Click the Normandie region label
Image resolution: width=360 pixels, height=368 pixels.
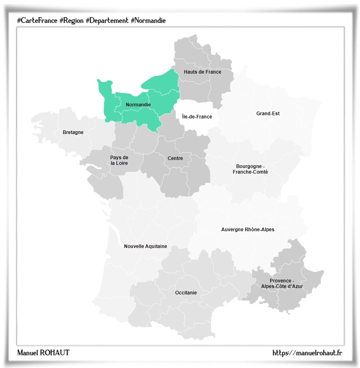(138, 105)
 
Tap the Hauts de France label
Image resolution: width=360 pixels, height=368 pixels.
(202, 72)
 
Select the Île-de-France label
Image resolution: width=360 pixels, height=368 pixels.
(197, 117)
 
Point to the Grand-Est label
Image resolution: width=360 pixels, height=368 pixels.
(268, 114)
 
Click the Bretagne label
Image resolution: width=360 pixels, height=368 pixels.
(73, 132)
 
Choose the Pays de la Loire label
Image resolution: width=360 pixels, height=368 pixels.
(119, 160)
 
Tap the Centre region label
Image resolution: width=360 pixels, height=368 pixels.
(175, 158)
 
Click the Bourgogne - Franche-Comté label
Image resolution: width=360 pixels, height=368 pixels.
(250, 169)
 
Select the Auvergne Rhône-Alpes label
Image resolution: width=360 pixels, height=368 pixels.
(248, 230)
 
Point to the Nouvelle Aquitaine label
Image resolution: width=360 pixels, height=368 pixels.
(146, 246)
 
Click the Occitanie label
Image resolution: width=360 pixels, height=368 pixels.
(186, 293)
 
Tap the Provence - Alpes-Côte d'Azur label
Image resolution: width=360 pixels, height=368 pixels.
(282, 283)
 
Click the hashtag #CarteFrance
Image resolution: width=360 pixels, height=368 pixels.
(37, 20)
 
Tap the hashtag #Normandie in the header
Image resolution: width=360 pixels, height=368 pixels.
(148, 20)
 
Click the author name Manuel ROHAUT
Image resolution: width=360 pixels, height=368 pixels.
(43, 353)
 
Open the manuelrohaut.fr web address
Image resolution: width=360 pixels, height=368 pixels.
(307, 353)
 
